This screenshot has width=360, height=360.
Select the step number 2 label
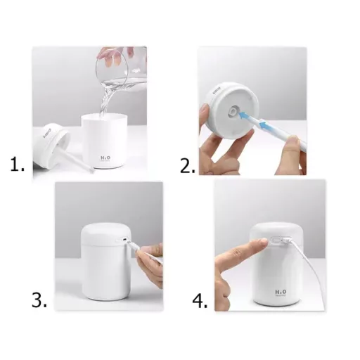point(188,167)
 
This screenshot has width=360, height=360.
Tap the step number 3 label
point(39,301)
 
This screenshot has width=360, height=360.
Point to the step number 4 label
point(201,301)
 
